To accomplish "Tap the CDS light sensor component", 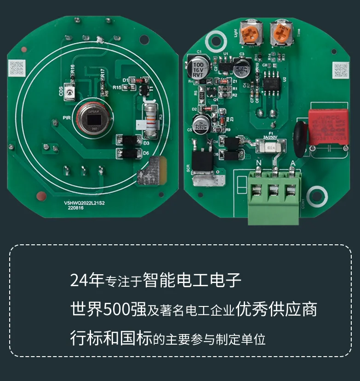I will click(x=70, y=93).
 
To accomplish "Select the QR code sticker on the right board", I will click(x=341, y=70).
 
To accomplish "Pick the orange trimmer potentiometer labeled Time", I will click(x=280, y=33).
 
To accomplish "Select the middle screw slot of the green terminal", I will click(x=275, y=190).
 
